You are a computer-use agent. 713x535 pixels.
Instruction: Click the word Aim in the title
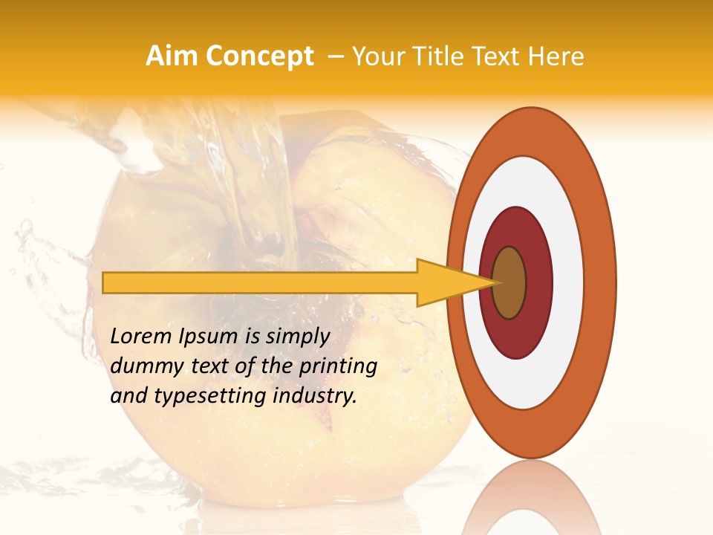pyautogui.click(x=172, y=56)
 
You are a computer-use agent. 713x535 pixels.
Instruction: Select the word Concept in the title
pyautogui.click(x=259, y=57)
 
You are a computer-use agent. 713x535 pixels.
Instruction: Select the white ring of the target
pyautogui.click(x=568, y=283)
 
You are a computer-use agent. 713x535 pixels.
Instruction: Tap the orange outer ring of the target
pyautogui.click(x=602, y=283)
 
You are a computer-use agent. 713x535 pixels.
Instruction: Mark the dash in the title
pyautogui.click(x=334, y=56)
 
